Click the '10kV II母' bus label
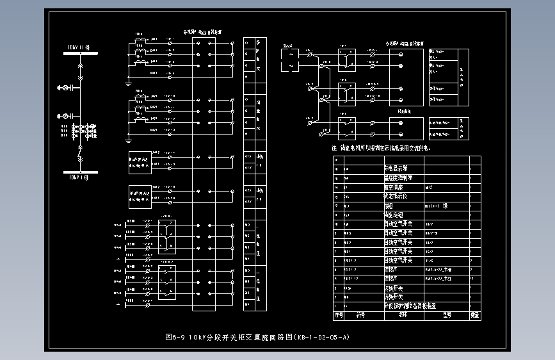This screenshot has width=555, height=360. (79, 47)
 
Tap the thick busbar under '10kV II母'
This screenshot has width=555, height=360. (79, 54)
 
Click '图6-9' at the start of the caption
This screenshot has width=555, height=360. (174, 336)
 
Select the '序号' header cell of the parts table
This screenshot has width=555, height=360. (338, 315)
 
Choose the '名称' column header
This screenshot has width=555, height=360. (403, 315)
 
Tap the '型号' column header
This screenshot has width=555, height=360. (447, 315)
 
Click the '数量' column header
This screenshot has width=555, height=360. (474, 315)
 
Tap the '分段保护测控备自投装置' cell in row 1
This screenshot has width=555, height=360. (410, 306)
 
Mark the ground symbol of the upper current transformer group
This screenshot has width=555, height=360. (128, 83)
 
